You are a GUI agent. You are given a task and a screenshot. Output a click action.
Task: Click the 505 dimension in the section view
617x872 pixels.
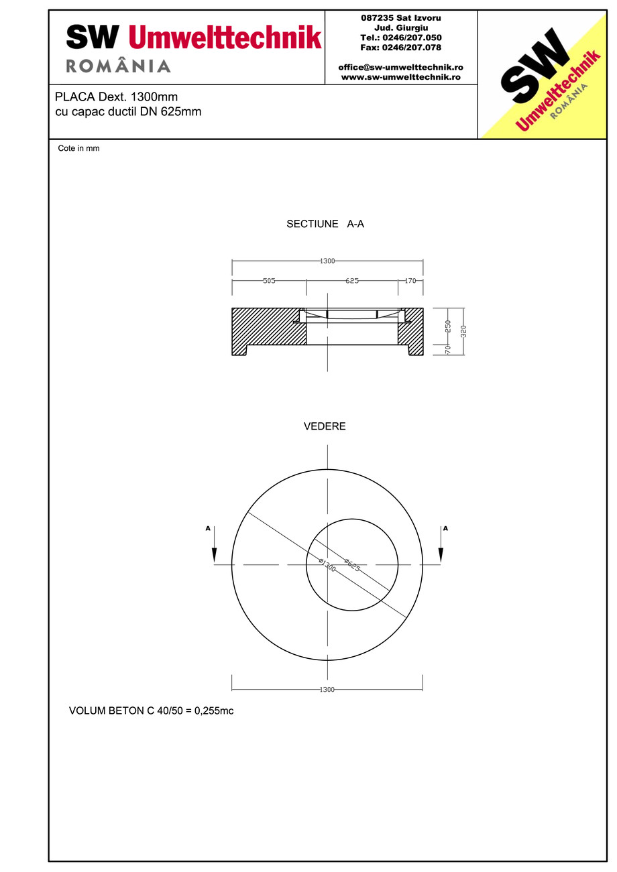click(x=269, y=281)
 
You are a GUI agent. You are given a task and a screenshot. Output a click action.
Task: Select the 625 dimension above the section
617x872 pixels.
click(x=352, y=281)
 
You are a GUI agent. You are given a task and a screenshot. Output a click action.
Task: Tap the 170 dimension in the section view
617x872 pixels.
click(x=410, y=281)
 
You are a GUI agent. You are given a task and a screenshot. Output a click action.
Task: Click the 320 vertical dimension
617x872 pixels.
click(x=463, y=330)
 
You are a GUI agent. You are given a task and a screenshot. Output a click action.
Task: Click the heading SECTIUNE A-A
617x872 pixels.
click(x=325, y=225)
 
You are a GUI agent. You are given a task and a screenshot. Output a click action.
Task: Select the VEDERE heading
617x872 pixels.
click(x=325, y=426)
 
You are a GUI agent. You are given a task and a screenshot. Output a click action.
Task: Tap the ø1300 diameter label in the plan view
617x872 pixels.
click(x=327, y=565)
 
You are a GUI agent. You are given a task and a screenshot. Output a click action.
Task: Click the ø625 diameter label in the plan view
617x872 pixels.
click(x=352, y=564)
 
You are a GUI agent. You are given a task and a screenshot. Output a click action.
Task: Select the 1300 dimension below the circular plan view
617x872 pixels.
click(x=327, y=690)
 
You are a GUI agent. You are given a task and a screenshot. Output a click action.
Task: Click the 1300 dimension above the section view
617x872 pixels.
click(x=327, y=261)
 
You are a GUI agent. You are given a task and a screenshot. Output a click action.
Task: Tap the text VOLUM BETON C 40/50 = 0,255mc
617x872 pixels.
click(x=151, y=710)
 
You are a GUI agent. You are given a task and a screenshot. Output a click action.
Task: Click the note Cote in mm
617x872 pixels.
click(x=78, y=149)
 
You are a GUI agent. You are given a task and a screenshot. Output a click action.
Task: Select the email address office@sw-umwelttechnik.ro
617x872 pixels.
click(x=400, y=68)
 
